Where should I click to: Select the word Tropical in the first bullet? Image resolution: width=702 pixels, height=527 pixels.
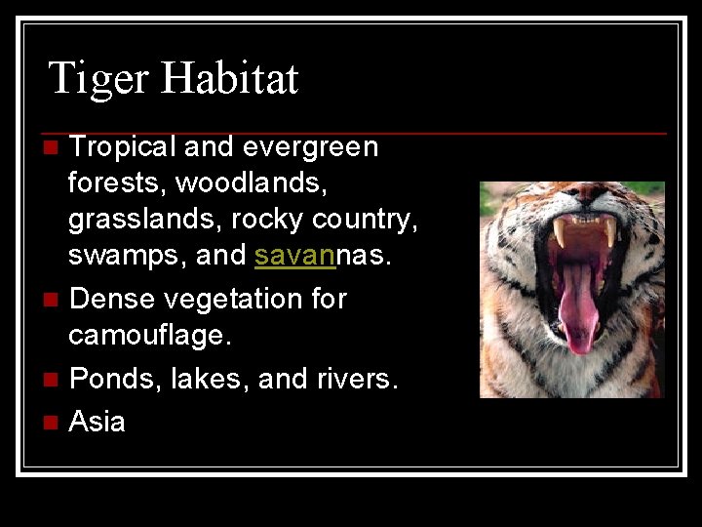[x=122, y=147]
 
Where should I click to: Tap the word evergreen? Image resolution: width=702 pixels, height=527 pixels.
[x=310, y=147]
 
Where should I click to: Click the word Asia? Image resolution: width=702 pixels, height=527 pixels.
[x=97, y=422]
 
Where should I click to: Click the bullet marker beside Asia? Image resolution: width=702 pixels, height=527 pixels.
[x=51, y=423]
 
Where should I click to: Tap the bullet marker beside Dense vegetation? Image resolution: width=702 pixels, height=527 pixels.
[x=51, y=299]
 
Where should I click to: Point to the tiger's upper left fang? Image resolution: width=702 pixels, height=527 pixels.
[x=560, y=231]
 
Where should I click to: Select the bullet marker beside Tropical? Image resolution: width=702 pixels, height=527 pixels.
[x=51, y=148]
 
